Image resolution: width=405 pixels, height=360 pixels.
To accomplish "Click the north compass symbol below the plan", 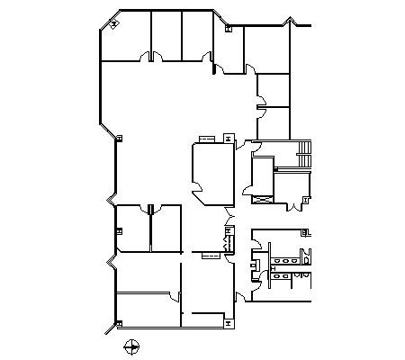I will [132, 344].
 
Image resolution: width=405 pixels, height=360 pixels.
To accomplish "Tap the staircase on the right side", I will [304, 154].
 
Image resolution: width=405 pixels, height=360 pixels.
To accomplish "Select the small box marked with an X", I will [263, 197].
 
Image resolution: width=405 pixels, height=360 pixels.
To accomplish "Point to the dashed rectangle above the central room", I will [205, 139].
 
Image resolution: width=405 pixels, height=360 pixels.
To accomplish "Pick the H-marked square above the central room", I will [228, 138].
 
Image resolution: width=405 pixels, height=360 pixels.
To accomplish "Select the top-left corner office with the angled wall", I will [125, 38].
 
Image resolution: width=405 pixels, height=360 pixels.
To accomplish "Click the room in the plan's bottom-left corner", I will [148, 309].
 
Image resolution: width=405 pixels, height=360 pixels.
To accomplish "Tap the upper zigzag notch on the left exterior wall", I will [112, 197].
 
